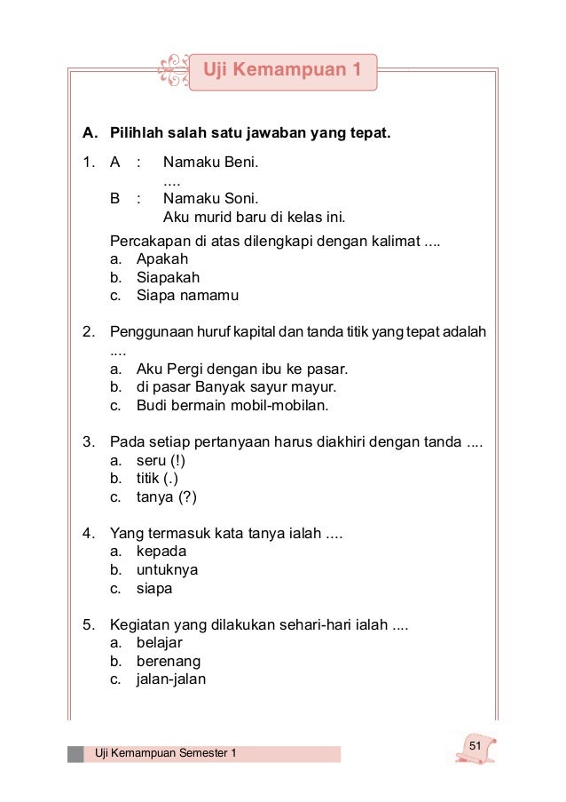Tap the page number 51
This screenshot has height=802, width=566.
coord(476,744)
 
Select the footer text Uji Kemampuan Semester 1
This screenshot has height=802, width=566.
coord(166,754)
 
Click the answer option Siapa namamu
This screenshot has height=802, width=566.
coord(187,296)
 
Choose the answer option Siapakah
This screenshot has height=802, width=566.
coord(168,277)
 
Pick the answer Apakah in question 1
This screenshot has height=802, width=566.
coord(162,258)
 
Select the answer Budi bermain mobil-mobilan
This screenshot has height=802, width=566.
coord(232,406)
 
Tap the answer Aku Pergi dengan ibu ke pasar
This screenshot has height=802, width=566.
coord(241,369)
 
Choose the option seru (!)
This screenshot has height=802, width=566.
coord(161,460)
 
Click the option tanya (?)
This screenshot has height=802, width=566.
coord(166,497)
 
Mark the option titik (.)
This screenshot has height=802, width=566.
coord(157,479)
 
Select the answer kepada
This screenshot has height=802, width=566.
coord(161,552)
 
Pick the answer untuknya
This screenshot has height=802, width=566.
coord(167,569)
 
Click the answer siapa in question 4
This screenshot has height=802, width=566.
coord(154,588)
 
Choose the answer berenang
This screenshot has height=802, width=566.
coord(168,661)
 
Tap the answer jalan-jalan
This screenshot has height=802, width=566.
coord(170,679)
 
